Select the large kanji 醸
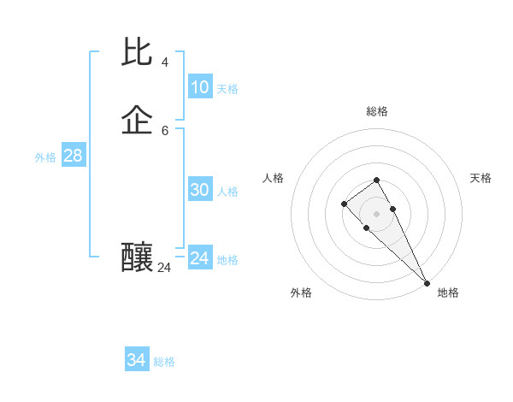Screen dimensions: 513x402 [x=138, y=256]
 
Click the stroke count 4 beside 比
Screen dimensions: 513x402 [x=165, y=62]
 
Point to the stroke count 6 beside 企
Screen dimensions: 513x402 [x=165, y=130]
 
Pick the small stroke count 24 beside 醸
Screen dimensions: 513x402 [x=164, y=268]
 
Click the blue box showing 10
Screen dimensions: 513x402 [x=199, y=87]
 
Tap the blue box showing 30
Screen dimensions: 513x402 [x=199, y=191]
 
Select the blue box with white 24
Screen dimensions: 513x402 [x=199, y=258]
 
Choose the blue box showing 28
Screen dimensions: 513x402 [x=73, y=156]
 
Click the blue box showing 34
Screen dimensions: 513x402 [x=136, y=360]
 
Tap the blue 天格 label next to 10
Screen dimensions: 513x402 [x=227, y=89]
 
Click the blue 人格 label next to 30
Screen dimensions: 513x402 [x=227, y=192]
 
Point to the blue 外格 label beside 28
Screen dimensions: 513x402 [x=45, y=157]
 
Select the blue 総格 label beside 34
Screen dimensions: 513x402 [x=164, y=362]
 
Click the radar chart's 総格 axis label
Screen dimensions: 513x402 [x=377, y=111]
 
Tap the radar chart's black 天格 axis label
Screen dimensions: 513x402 [x=481, y=178]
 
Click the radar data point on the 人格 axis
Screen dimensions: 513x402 [x=344, y=203]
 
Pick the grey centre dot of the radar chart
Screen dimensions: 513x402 [x=377, y=214]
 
